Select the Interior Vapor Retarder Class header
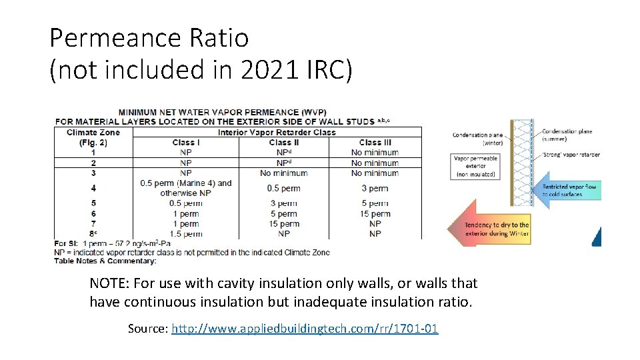pos(277,132)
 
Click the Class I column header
pos(186,142)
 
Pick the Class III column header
pos(375,142)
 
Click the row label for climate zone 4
pos(93,188)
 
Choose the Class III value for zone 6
pos(375,213)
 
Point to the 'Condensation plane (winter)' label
pos(477,138)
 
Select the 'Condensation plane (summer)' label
pos(567,135)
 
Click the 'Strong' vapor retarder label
pos(571,155)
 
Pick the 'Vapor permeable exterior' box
pos(475,167)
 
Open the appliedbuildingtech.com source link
pos(305,328)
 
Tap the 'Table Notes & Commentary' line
pos(105,261)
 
